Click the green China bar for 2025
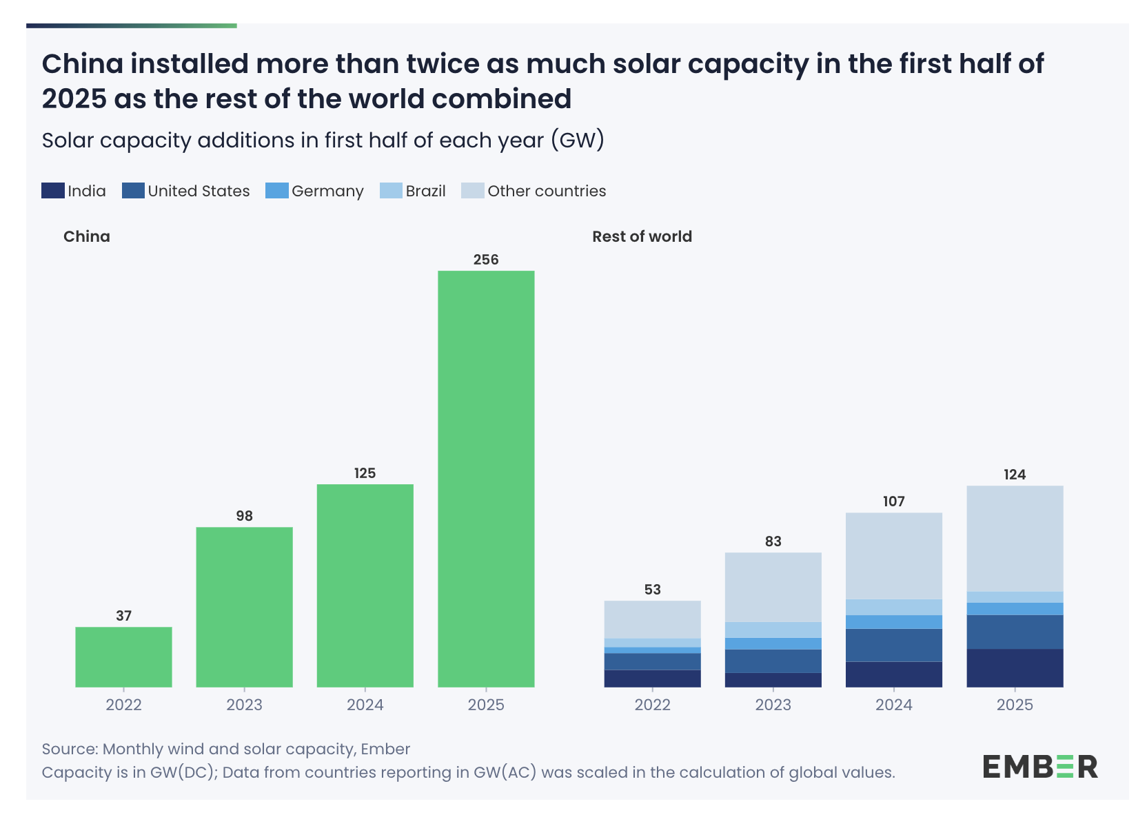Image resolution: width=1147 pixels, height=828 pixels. point(486,479)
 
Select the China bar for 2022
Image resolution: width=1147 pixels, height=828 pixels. point(123,656)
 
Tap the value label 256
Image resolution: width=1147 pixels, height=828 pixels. point(486,260)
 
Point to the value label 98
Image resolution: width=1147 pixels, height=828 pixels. point(245,516)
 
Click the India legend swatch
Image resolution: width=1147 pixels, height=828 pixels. point(53,191)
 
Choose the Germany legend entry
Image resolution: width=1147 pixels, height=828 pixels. point(314,191)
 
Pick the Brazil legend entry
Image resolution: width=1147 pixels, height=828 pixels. point(413,191)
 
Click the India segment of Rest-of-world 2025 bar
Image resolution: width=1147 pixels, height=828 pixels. point(1015,667)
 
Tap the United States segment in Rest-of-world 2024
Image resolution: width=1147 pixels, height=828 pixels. point(893,645)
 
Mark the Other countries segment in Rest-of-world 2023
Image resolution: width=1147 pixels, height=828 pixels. point(773,587)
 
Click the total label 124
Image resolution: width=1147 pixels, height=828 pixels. point(1015,475)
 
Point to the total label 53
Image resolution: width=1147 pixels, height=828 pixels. point(652,590)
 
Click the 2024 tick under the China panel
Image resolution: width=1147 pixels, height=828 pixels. point(365,705)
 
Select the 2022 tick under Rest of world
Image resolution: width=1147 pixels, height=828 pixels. point(652,705)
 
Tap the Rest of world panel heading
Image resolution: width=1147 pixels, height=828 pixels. point(642,236)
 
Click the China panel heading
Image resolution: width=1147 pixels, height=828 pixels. point(87,236)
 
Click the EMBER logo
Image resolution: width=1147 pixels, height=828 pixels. point(1039,767)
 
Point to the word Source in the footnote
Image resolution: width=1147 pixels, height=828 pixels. point(70,749)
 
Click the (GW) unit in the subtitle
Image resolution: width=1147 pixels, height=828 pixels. point(577,140)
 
